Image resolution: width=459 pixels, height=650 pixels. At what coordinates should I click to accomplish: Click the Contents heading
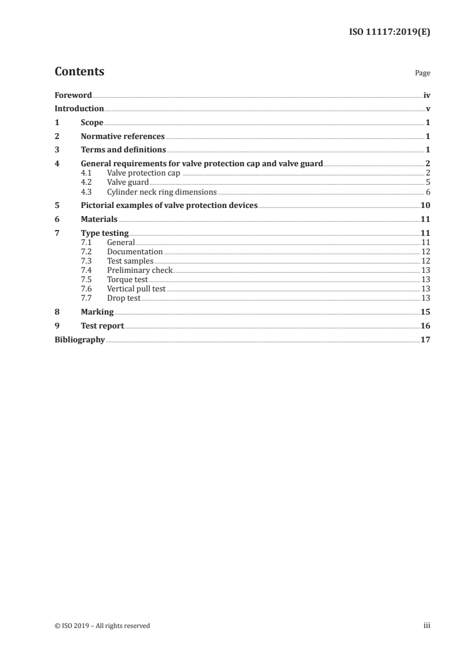tap(79, 72)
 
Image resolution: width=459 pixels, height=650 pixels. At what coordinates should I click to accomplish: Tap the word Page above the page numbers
tap(423, 74)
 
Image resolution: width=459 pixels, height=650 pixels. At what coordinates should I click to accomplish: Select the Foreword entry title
tap(73, 95)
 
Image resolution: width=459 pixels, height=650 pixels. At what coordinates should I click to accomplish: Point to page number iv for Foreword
tap(427, 95)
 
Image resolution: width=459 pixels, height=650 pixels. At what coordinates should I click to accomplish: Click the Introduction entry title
tap(79, 108)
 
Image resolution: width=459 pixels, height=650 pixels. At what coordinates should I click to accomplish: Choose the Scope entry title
tap(92, 123)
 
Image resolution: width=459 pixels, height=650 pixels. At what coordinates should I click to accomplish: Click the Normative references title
tap(123, 137)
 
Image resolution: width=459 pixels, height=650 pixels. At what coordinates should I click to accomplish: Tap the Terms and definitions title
tap(123, 151)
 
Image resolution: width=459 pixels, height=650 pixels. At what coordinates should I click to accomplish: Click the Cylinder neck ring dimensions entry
tap(161, 192)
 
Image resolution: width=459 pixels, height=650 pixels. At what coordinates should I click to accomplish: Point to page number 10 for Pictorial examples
tap(425, 206)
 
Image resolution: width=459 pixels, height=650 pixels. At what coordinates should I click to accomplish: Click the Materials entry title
tap(99, 220)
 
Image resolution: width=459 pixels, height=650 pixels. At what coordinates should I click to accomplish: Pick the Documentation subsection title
tap(135, 252)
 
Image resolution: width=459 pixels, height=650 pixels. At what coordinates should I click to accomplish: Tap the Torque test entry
tap(123, 279)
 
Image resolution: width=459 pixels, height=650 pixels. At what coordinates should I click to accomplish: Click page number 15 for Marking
tap(425, 312)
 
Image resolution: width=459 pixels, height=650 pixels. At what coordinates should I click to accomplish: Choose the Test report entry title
tap(102, 326)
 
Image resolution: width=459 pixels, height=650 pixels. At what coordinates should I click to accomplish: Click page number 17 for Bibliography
tap(425, 339)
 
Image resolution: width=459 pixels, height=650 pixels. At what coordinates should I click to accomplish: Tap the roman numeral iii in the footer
tap(427, 626)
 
